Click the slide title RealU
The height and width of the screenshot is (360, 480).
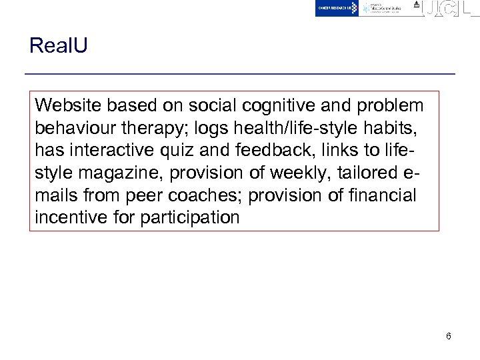point(59,46)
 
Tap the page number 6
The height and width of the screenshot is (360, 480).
point(449,336)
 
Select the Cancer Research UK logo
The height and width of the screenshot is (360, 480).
point(337,8)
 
